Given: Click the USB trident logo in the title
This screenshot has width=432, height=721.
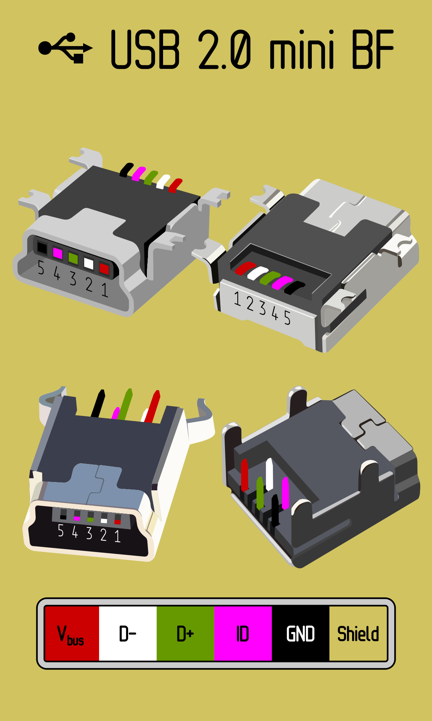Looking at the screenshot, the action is pyautogui.click(x=66, y=48).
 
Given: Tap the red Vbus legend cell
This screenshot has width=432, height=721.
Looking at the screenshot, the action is pyautogui.click(x=72, y=633).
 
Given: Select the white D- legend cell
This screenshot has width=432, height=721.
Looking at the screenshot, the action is pyautogui.click(x=128, y=633).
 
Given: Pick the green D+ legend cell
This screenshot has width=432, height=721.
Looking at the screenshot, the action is pyautogui.click(x=185, y=633).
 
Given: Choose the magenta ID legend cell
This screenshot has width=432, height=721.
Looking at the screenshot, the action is pyautogui.click(x=243, y=633).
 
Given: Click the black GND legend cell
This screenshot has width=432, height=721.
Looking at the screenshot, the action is pyautogui.click(x=301, y=633).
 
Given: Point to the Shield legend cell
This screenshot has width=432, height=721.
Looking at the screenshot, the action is pyautogui.click(x=358, y=633).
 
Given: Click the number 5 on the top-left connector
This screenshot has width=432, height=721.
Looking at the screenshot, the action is pyautogui.click(x=41, y=268).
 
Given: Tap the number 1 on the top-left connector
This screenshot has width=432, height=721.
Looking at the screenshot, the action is pyautogui.click(x=105, y=289).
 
